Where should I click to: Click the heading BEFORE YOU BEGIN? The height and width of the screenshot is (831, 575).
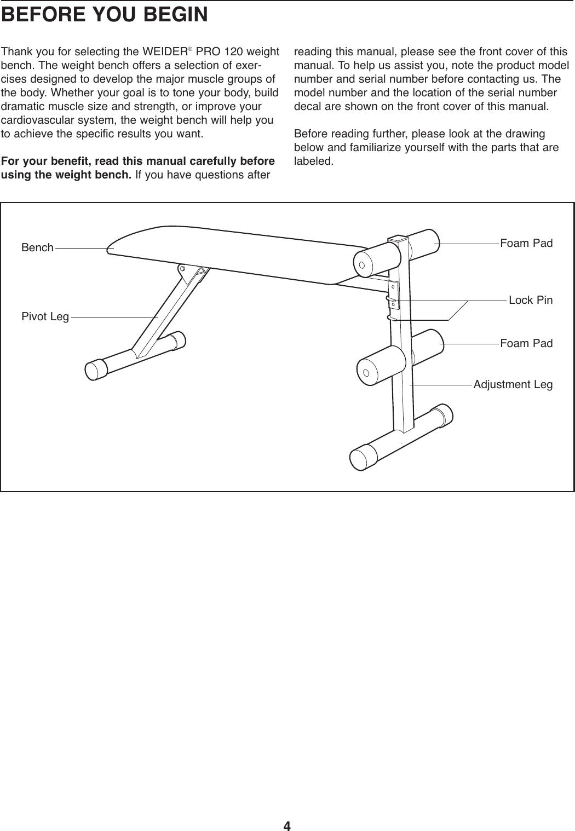click(105, 15)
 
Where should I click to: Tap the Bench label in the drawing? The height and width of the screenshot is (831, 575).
click(37, 247)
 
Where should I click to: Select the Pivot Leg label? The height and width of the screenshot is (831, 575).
click(45, 317)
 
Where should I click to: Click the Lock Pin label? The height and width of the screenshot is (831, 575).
click(530, 300)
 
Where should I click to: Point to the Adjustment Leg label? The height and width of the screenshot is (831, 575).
click(513, 384)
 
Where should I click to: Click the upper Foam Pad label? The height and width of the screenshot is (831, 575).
click(526, 243)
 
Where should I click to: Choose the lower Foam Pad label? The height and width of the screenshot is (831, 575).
click(526, 343)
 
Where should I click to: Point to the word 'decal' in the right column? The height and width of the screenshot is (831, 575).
click(307, 106)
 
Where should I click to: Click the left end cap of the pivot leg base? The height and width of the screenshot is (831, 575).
click(95, 369)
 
